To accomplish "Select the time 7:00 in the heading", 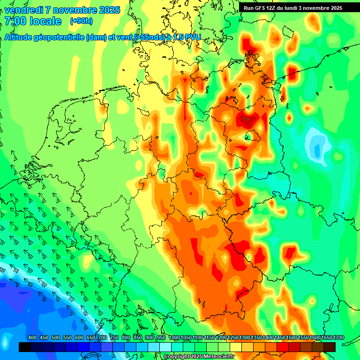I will pyautogui.click(x=15, y=21).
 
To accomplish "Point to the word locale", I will pyautogui.click(x=44, y=21).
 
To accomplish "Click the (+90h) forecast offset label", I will pyautogui.click(x=81, y=21).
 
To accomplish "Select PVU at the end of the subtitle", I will pyautogui.click(x=192, y=37).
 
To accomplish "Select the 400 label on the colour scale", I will pyautogui.click(x=32, y=337).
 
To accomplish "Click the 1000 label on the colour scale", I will pyautogui.click(x=174, y=337).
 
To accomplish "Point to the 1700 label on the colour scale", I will pyautogui.click(x=327, y=337).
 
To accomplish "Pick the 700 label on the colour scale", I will pyautogui.click(x=103, y=337).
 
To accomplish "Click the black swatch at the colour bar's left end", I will pyautogui.click(x=24, y=347).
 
